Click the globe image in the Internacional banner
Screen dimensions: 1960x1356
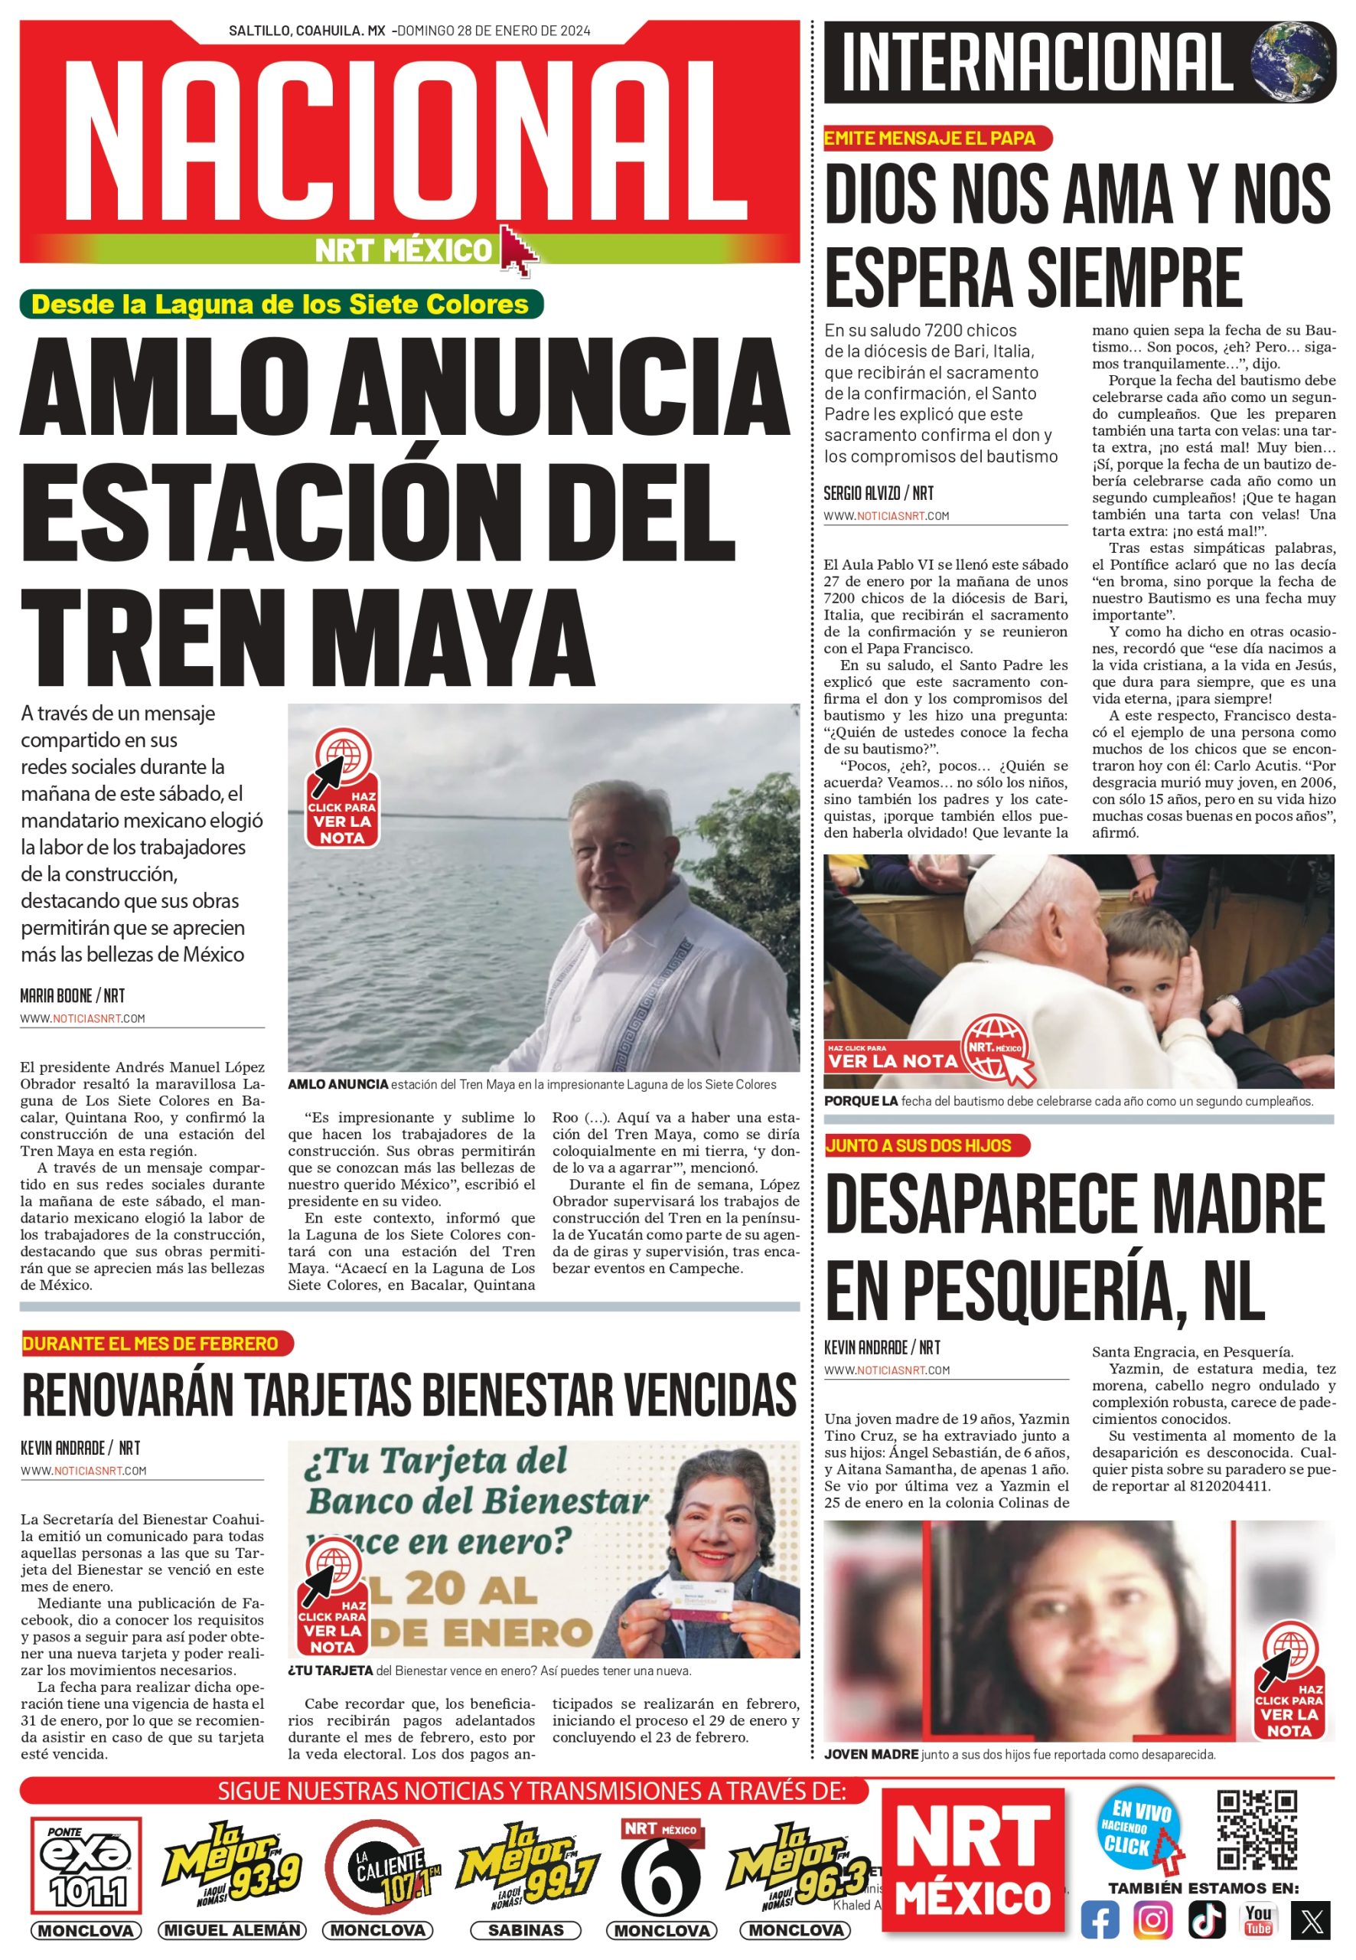[x=1292, y=62]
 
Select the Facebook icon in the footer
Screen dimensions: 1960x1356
[x=1100, y=1920]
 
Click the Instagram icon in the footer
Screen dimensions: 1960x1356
[x=1153, y=1920]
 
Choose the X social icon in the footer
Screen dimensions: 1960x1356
[x=1310, y=1920]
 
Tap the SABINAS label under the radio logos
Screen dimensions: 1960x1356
[x=526, y=1930]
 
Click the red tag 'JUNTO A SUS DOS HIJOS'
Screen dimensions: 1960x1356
[x=925, y=1145]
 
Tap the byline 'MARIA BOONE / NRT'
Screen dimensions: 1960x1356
[x=72, y=995]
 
